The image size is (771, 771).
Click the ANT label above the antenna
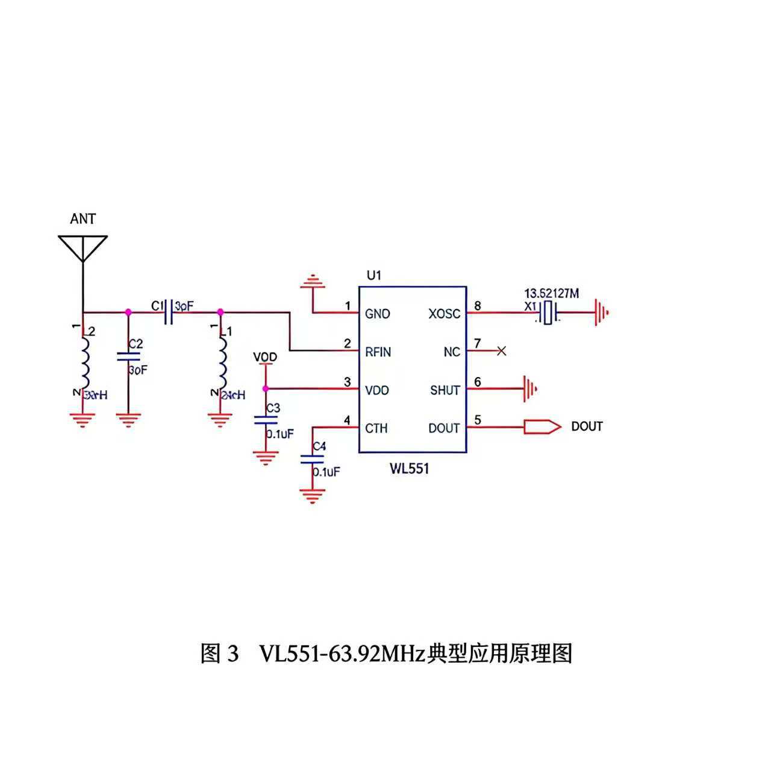coord(83,219)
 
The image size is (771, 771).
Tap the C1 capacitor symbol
coord(169,312)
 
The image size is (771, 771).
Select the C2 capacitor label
coord(136,344)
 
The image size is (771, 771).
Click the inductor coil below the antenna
coord(84,363)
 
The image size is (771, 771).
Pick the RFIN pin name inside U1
coord(378,352)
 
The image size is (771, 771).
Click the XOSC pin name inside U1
coord(444,314)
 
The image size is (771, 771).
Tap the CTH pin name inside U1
coord(376,428)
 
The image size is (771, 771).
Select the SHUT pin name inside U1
coord(445,390)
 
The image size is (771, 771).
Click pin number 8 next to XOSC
coord(478,306)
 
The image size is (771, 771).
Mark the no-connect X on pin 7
coord(501,351)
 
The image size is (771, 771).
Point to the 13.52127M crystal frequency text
coord(552,294)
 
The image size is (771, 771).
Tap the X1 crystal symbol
coord(547,313)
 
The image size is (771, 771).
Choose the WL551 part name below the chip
coord(409,469)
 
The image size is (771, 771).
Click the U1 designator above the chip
coord(374,275)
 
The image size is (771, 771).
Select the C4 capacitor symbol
coord(312,459)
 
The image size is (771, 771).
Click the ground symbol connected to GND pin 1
coord(313,281)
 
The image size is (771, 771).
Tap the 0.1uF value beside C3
coord(280,434)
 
